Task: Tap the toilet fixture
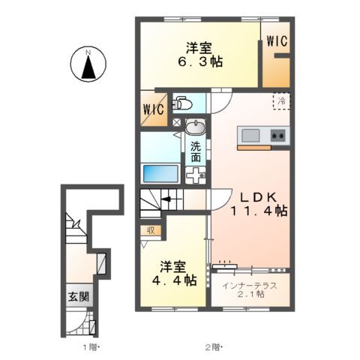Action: tap(183, 103)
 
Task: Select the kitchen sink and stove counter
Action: tap(262, 136)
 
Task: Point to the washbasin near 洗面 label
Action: tap(197, 125)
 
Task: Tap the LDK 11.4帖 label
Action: tap(259, 204)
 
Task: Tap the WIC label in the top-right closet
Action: tap(277, 43)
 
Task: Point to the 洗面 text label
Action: tap(195, 152)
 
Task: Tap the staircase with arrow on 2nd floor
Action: tap(160, 202)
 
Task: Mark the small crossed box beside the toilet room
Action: tap(178, 122)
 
